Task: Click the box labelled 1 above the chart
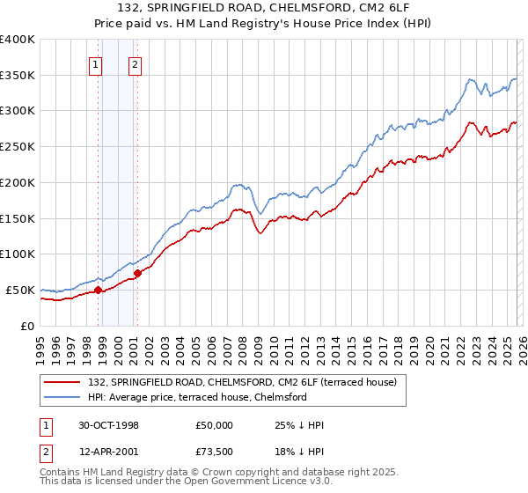(94, 63)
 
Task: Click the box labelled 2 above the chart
(135, 63)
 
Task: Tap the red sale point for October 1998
(98, 290)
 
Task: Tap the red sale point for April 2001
(137, 273)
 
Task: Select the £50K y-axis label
(21, 290)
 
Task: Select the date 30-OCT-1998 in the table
(106, 425)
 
